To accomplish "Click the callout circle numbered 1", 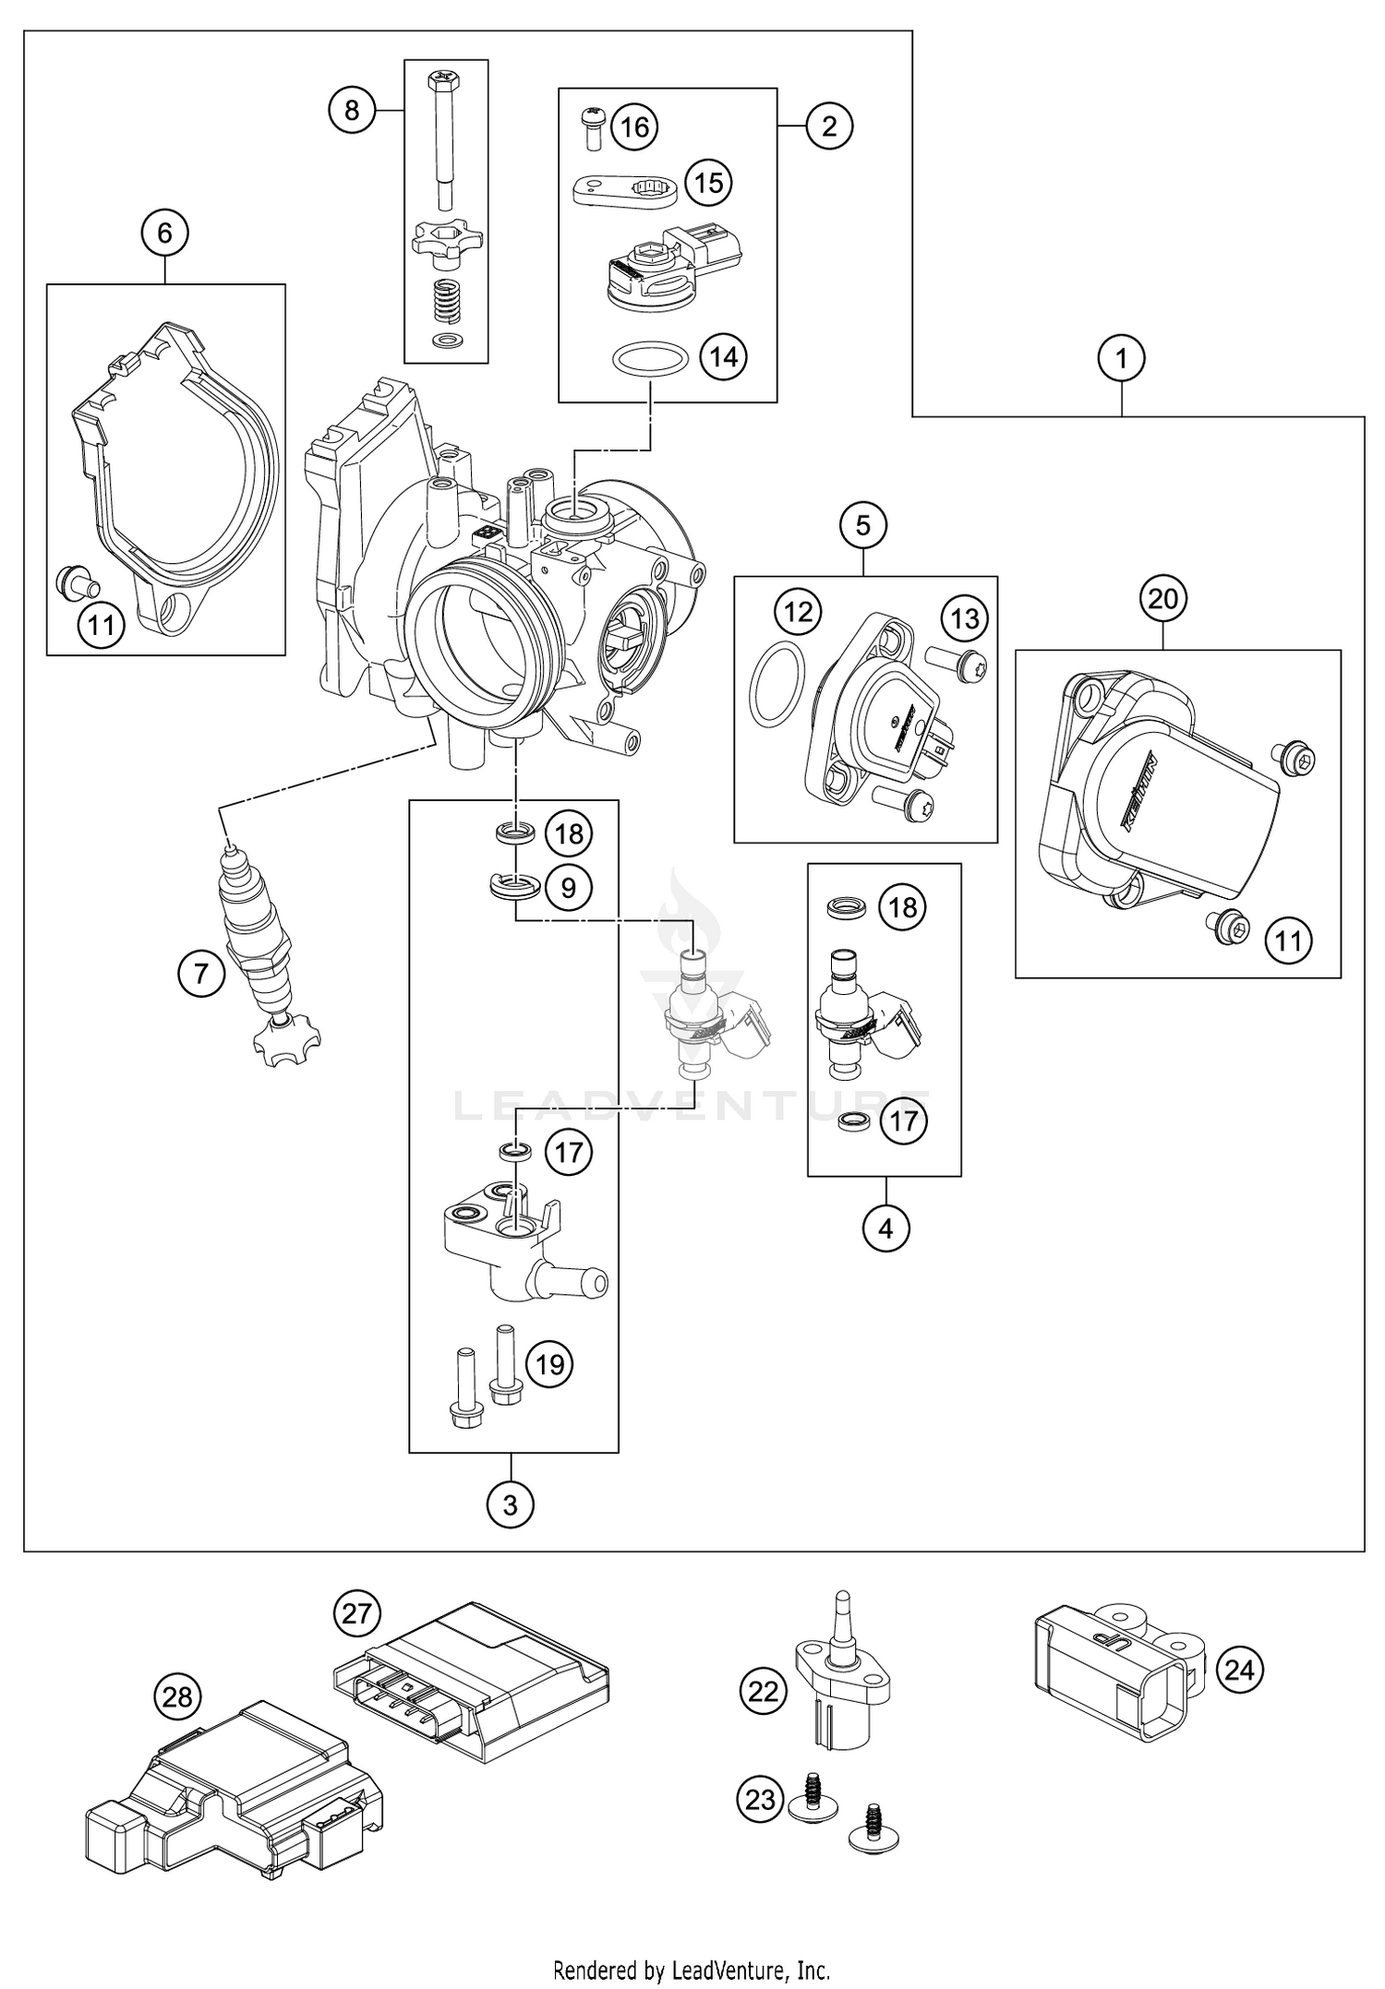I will tap(1122, 358).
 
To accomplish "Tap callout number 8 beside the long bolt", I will tap(352, 111).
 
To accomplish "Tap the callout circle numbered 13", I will tap(965, 617).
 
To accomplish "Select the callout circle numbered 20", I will tap(1163, 599).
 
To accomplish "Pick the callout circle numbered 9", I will tap(569, 887).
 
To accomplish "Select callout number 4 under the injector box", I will tap(885, 1228).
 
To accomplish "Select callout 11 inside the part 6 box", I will tap(101, 625).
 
